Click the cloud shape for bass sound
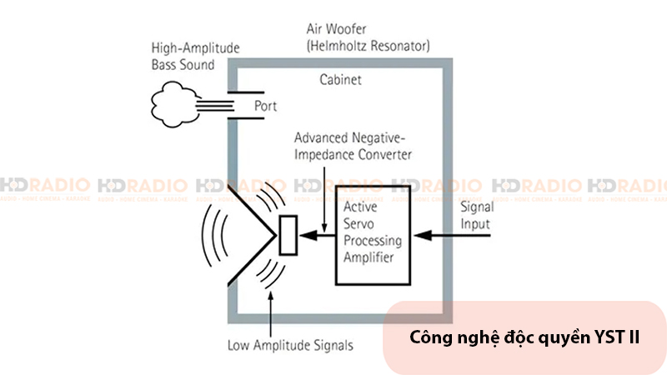174,103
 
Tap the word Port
265,107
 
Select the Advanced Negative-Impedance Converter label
354,144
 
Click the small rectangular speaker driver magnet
288,235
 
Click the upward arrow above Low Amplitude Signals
272,312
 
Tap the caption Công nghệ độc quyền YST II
524,338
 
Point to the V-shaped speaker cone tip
273,236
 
